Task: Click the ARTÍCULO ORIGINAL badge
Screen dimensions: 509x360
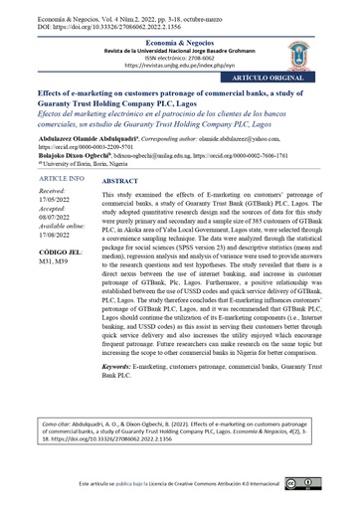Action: coord(295,76)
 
